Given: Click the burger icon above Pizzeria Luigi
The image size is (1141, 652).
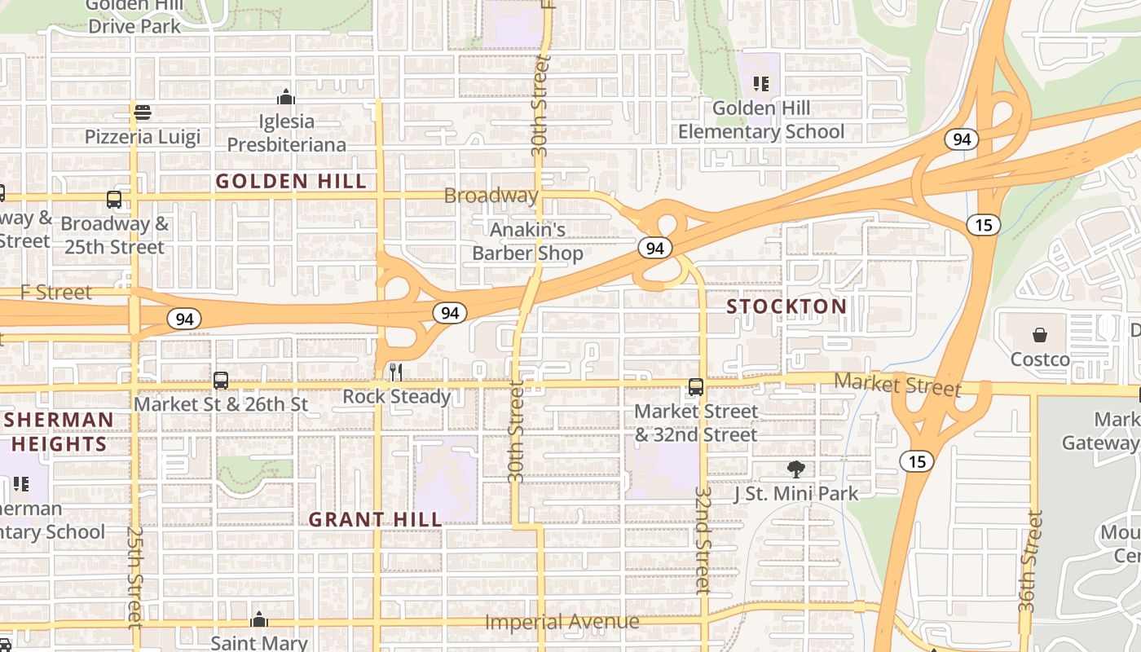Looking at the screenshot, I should [143, 112].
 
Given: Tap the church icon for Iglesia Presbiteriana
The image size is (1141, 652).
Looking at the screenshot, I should [286, 97].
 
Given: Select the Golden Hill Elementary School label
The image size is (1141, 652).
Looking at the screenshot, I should [761, 120].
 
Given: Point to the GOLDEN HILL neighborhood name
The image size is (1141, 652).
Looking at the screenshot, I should [291, 182].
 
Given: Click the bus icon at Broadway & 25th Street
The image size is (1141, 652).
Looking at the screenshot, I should [114, 200].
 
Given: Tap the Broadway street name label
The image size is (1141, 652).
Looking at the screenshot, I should [491, 196].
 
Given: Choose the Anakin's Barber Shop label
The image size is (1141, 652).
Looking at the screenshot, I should [528, 241].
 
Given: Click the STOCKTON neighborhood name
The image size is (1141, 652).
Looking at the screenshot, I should [786, 306].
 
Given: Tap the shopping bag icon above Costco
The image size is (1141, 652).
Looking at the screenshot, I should [1040, 335].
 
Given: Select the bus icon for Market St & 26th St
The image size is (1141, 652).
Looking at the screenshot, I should [220, 380].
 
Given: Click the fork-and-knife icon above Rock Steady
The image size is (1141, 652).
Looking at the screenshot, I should [396, 372].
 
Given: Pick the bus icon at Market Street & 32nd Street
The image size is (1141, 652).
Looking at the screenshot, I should [695, 387].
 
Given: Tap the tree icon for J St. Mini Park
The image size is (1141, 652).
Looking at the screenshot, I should [796, 469].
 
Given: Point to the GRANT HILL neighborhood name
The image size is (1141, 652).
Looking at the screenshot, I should [376, 519].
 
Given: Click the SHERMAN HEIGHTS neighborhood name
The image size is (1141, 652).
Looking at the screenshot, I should [59, 432].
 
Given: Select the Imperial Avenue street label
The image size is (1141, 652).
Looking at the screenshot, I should [562, 622].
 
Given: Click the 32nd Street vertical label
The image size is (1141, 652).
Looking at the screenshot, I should [703, 540].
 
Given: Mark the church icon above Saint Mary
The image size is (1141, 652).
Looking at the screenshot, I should [259, 619].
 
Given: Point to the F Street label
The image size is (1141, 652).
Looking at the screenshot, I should [56, 293].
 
